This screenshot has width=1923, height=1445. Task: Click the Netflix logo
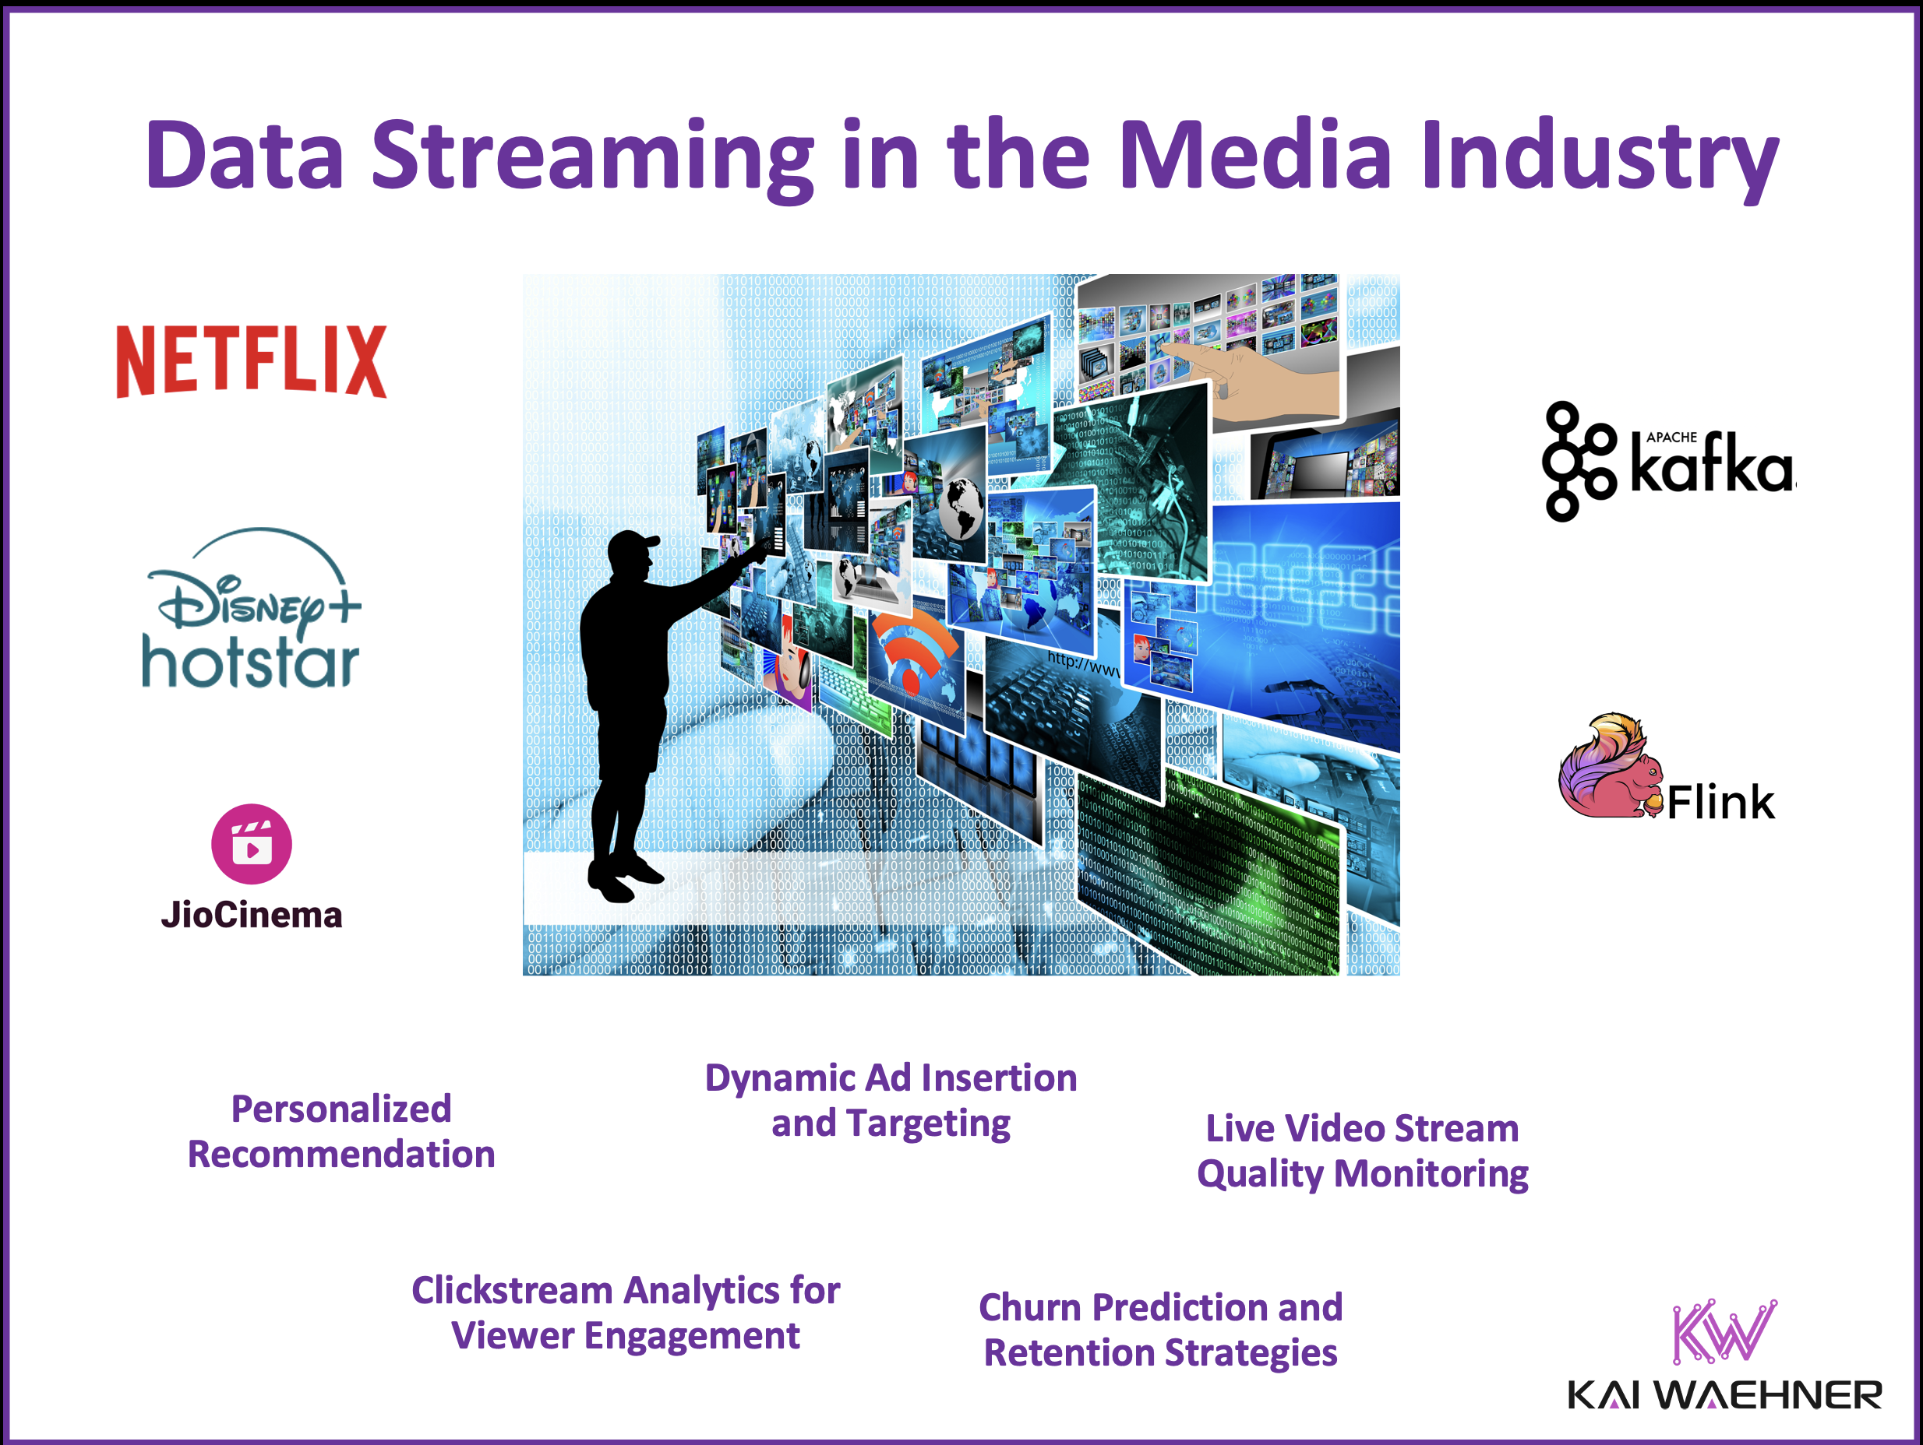(251, 360)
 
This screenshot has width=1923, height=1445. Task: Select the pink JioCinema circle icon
(251, 843)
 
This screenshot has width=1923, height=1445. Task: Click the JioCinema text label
(251, 915)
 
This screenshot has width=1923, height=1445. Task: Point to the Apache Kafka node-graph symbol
(1577, 461)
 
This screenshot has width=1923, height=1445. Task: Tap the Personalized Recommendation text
(340, 1131)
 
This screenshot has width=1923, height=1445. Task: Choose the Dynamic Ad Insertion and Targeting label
(891, 1100)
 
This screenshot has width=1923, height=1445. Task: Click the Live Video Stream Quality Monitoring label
(1361, 1151)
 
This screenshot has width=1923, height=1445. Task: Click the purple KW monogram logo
(1723, 1331)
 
